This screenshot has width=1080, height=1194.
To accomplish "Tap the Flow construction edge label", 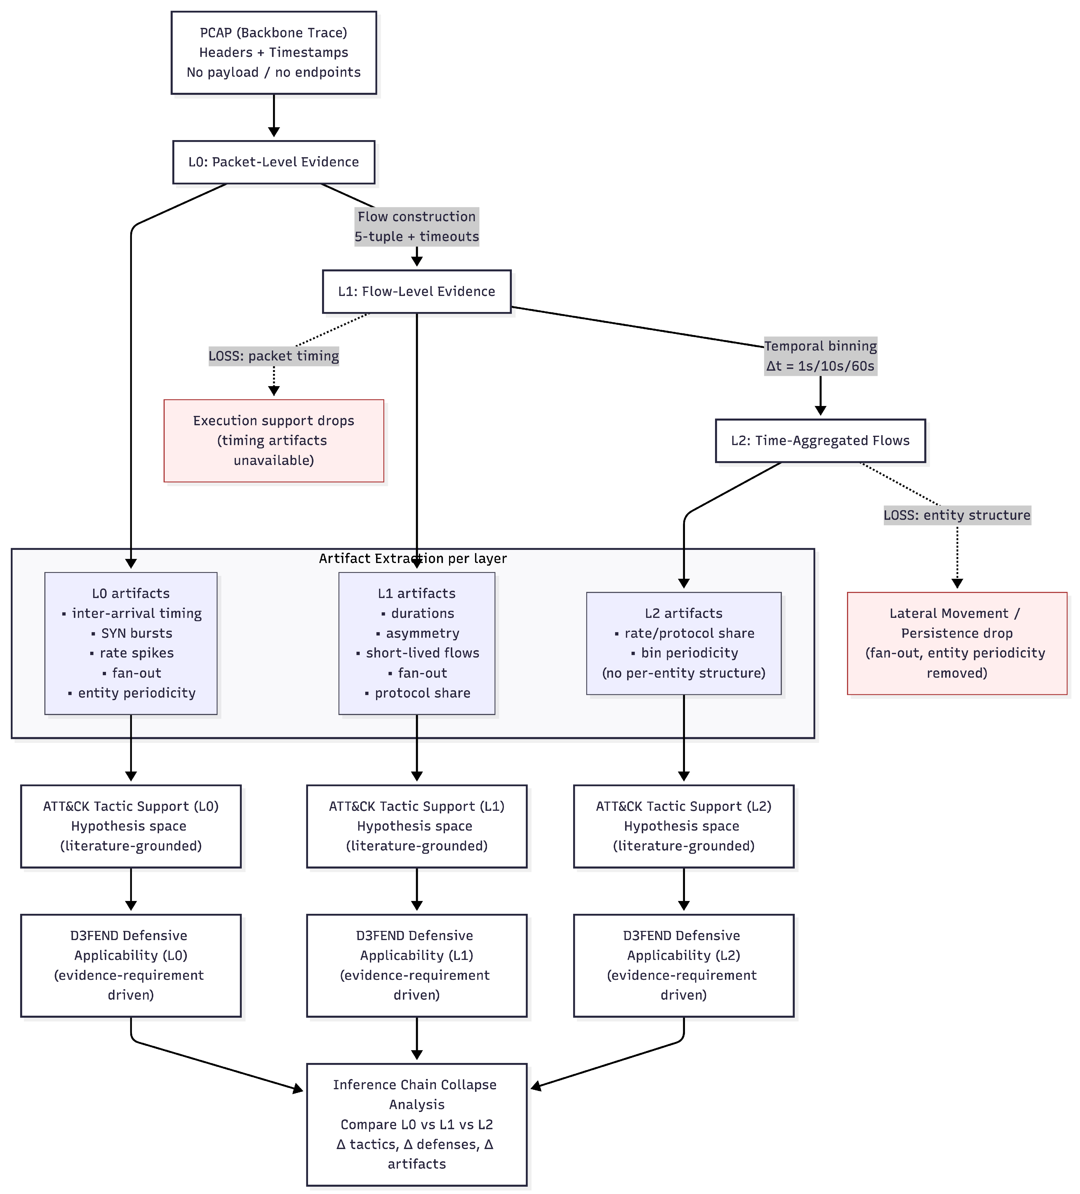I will point(416,226).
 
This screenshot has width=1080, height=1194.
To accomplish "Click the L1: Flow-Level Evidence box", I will point(416,291).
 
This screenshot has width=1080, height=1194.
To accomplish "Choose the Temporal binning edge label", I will point(820,356).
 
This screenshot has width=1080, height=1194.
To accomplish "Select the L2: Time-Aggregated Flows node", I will point(820,441).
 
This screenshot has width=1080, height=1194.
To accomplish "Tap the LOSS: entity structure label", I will point(957,515).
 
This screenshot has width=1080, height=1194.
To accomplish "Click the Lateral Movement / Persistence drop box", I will point(957,643).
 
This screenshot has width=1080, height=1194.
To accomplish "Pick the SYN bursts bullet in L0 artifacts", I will point(136,633).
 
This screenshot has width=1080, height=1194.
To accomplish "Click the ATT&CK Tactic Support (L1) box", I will point(416,826).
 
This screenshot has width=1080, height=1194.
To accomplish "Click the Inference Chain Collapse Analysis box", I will point(416,1124).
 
